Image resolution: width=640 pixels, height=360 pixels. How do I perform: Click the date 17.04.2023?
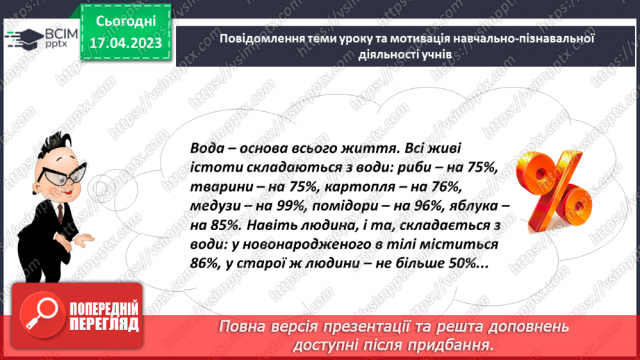point(125,43)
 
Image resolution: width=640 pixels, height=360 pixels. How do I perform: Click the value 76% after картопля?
point(438,188)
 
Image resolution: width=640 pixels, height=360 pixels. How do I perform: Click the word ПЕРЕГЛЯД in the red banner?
point(104,324)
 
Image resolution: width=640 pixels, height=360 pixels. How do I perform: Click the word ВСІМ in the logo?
point(61,32)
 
